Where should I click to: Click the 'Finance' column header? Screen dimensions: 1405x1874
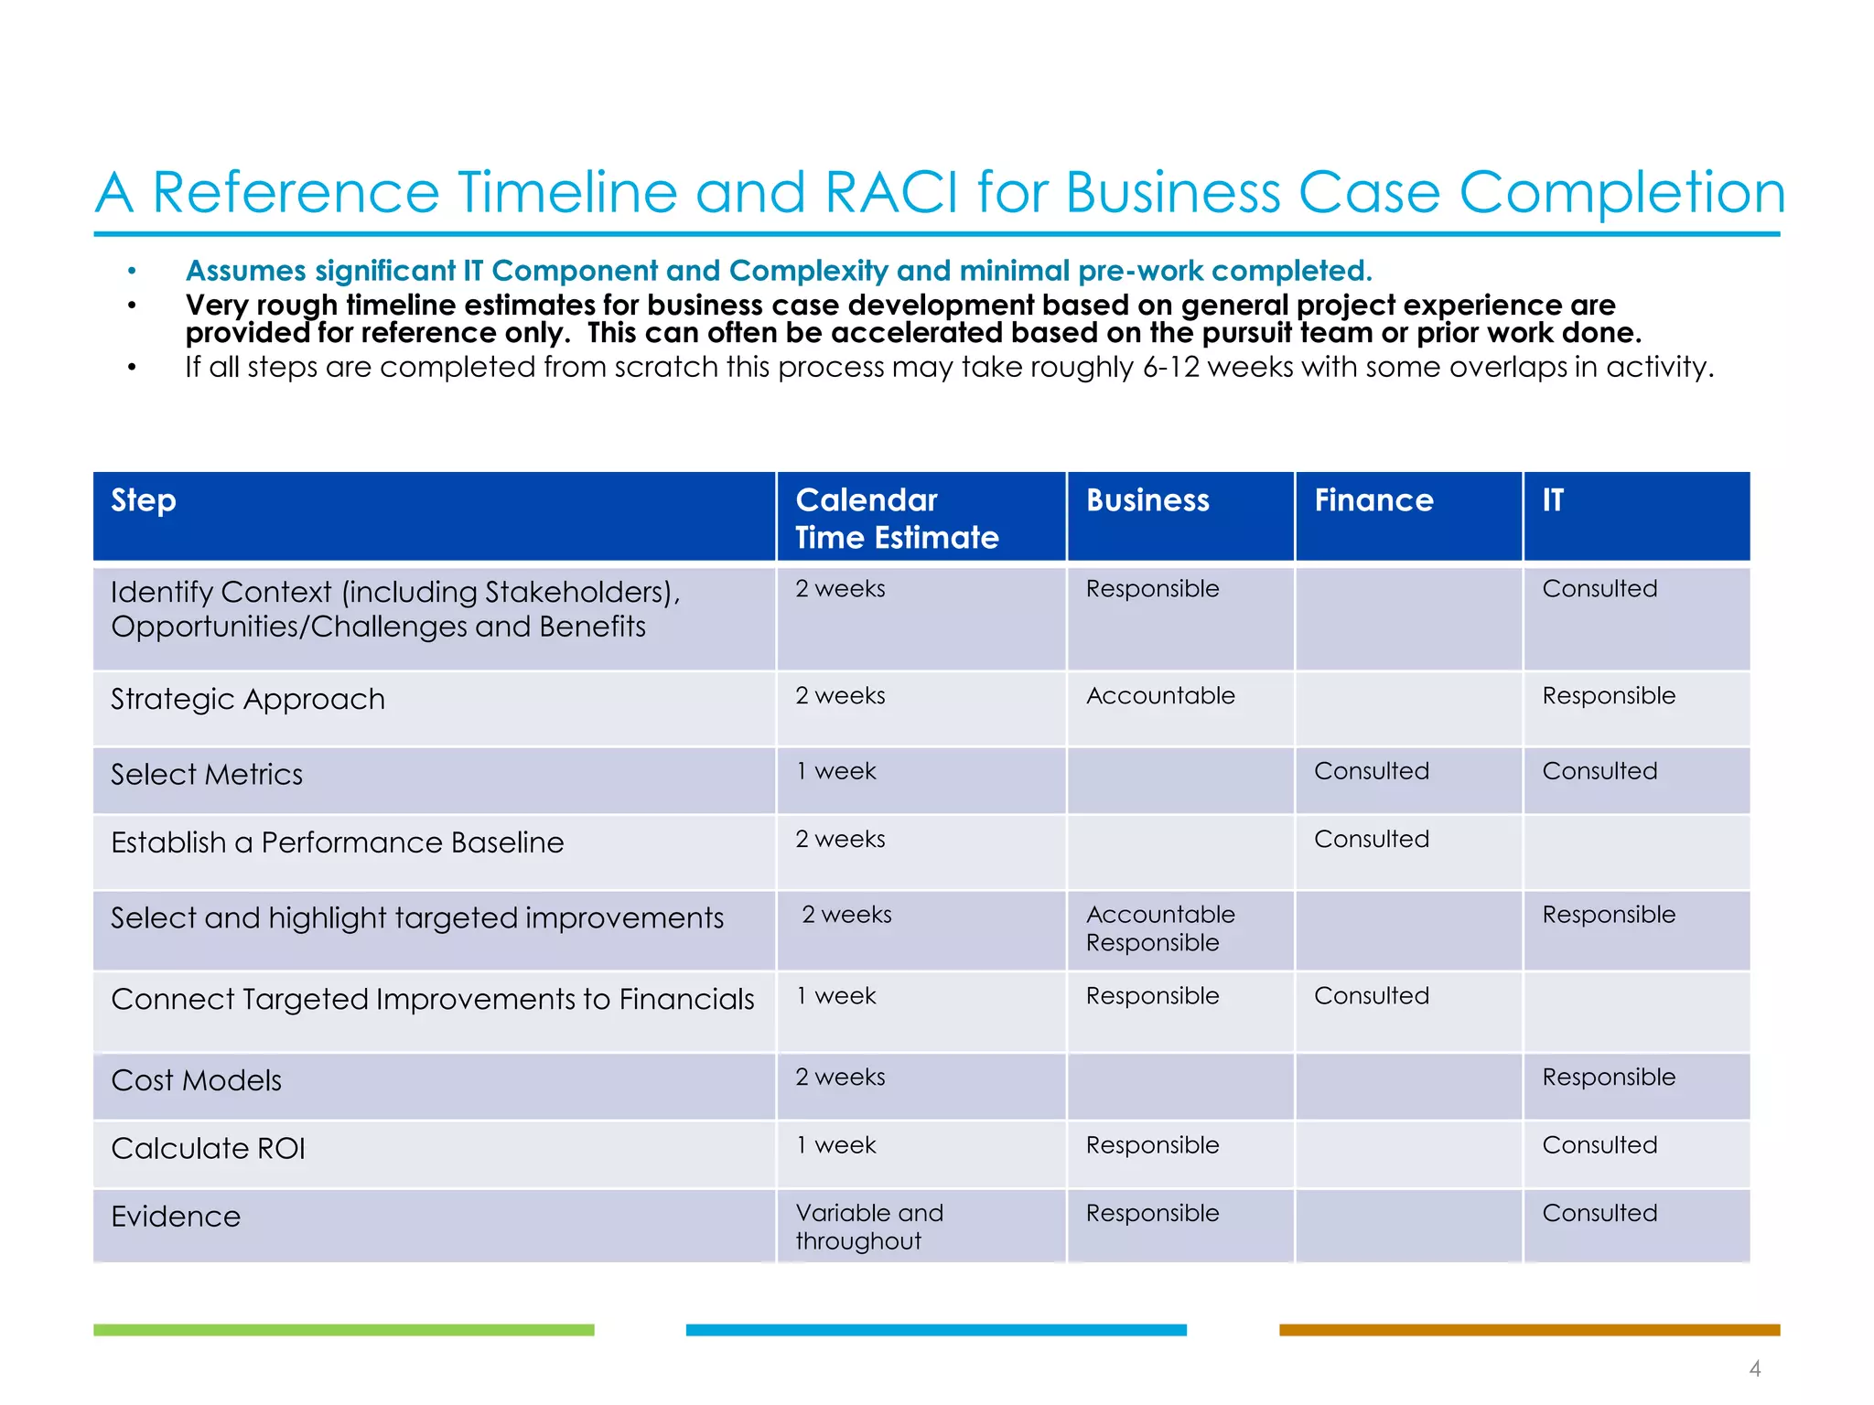[x=1373, y=500]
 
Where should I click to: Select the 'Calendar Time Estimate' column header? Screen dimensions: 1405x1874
[x=896, y=518]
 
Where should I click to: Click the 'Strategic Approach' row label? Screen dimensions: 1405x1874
[x=248, y=699]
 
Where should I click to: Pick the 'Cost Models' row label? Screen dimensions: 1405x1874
[x=196, y=1080]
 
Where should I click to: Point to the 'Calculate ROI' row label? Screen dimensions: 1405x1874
[x=208, y=1148]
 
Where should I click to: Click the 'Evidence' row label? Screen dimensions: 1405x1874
[x=176, y=1217]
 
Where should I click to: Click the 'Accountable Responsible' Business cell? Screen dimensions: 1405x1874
[x=1159, y=928]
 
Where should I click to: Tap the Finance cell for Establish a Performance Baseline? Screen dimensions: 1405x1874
[x=1371, y=839]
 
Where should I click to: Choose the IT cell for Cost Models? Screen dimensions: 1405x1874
[x=1608, y=1078]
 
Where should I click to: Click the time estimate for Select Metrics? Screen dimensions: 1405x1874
[x=835, y=771]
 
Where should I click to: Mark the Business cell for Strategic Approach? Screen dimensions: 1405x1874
[x=1159, y=696]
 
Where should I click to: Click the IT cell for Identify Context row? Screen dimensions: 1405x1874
[x=1599, y=589]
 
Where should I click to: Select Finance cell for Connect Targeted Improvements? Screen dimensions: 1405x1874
[x=1371, y=996]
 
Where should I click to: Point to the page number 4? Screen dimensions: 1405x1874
[x=1754, y=1368]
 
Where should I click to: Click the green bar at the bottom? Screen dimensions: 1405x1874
[x=343, y=1330]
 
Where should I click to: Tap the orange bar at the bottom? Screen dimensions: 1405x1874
[x=1528, y=1330]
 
